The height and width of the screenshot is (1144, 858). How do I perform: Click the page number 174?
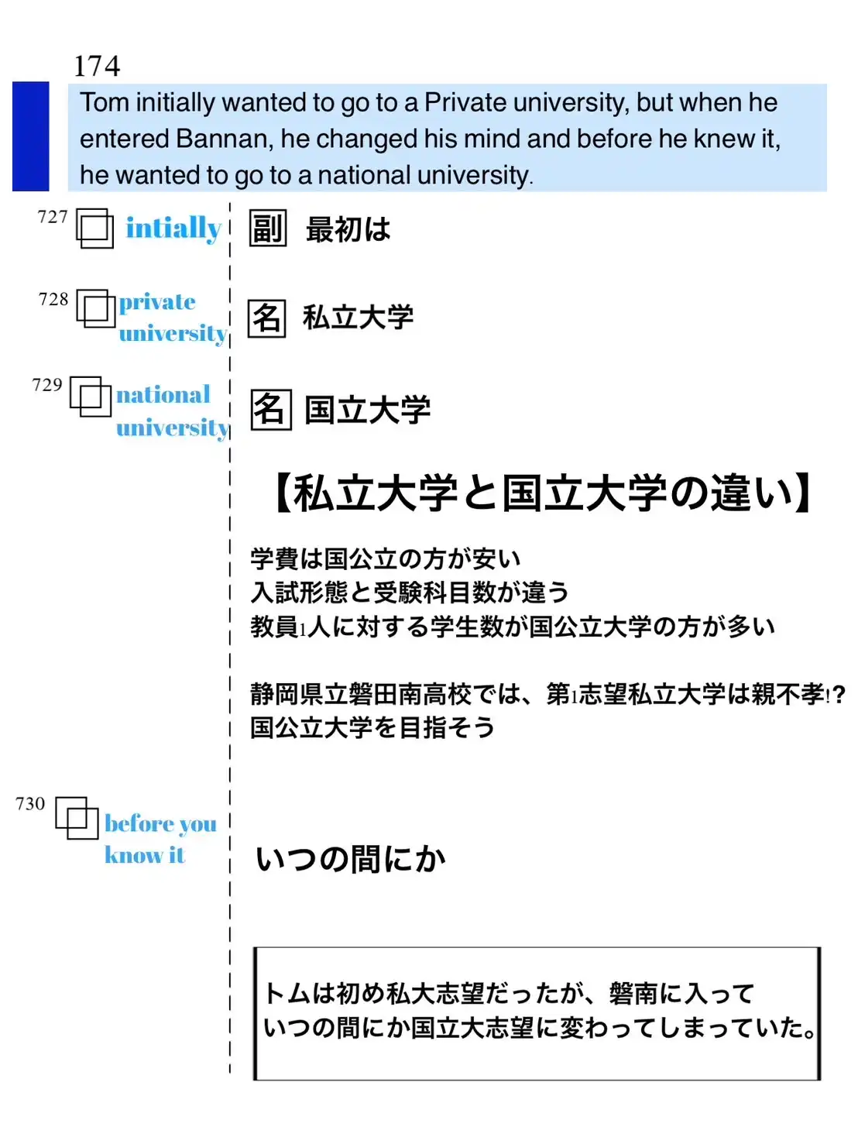tap(97, 66)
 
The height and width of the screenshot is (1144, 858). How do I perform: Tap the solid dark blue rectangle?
tap(31, 136)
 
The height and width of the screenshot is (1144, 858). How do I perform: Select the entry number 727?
tap(53, 216)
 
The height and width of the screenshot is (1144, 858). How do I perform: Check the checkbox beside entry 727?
tap(94, 228)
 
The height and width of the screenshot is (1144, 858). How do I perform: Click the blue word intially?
tap(173, 228)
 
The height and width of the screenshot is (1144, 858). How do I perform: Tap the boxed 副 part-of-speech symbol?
tap(268, 228)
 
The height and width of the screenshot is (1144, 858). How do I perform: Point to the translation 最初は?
tap(348, 229)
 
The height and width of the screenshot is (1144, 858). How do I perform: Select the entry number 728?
tap(53, 299)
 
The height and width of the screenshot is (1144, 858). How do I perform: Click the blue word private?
tap(157, 302)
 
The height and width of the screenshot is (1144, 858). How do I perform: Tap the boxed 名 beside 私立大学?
tap(266, 318)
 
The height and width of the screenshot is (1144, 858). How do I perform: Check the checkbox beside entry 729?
tap(91, 397)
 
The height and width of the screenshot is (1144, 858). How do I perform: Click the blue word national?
tap(163, 394)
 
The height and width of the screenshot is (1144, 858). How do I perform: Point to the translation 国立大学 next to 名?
tap(368, 410)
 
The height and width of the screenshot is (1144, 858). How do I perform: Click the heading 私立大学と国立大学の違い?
tap(542, 493)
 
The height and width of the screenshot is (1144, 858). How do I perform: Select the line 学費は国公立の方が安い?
tap(386, 558)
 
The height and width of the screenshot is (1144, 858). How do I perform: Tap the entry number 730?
tap(30, 804)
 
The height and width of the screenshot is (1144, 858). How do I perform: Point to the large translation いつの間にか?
tap(351, 860)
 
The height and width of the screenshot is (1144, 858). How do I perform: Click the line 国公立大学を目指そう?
tap(372, 727)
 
